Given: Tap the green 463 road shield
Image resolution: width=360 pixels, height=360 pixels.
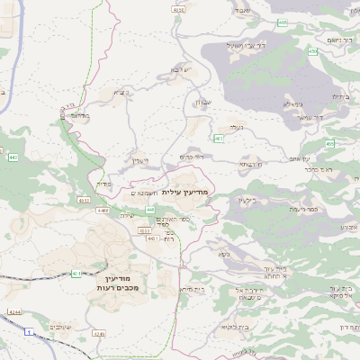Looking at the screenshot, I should point(219,138).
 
